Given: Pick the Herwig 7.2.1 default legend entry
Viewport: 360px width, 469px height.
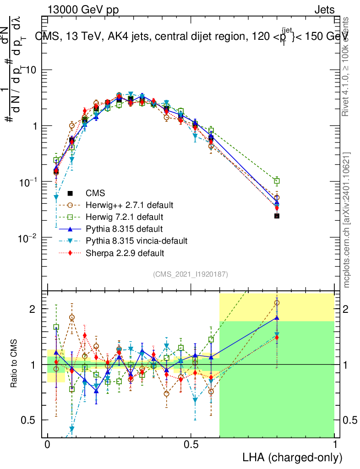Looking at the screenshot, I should pyautogui.click(x=125, y=217).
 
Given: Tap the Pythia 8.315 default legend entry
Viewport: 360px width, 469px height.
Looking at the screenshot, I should pyautogui.click(x=125, y=229).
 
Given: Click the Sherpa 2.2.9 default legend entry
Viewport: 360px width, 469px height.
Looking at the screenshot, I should pyautogui.click(x=125, y=252).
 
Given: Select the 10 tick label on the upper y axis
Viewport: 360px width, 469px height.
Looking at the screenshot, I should pyautogui.click(x=32, y=70).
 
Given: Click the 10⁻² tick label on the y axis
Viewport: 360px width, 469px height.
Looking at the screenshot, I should pyautogui.click(x=28, y=238).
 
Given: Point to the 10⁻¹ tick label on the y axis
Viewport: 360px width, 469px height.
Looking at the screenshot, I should pyautogui.click(x=28, y=182).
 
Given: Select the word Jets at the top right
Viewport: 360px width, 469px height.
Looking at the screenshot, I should pyautogui.click(x=324, y=10).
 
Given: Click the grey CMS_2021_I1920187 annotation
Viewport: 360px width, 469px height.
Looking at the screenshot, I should pyautogui.click(x=191, y=274).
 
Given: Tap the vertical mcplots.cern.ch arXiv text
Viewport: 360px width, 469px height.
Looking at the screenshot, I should pyautogui.click(x=347, y=220).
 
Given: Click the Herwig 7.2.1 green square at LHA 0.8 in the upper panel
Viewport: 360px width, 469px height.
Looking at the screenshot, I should pyautogui.click(x=277, y=181).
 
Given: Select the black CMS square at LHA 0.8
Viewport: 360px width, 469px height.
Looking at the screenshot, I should pyautogui.click(x=277, y=215).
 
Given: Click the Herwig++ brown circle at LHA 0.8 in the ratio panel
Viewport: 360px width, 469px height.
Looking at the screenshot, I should pyautogui.click(x=277, y=303).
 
